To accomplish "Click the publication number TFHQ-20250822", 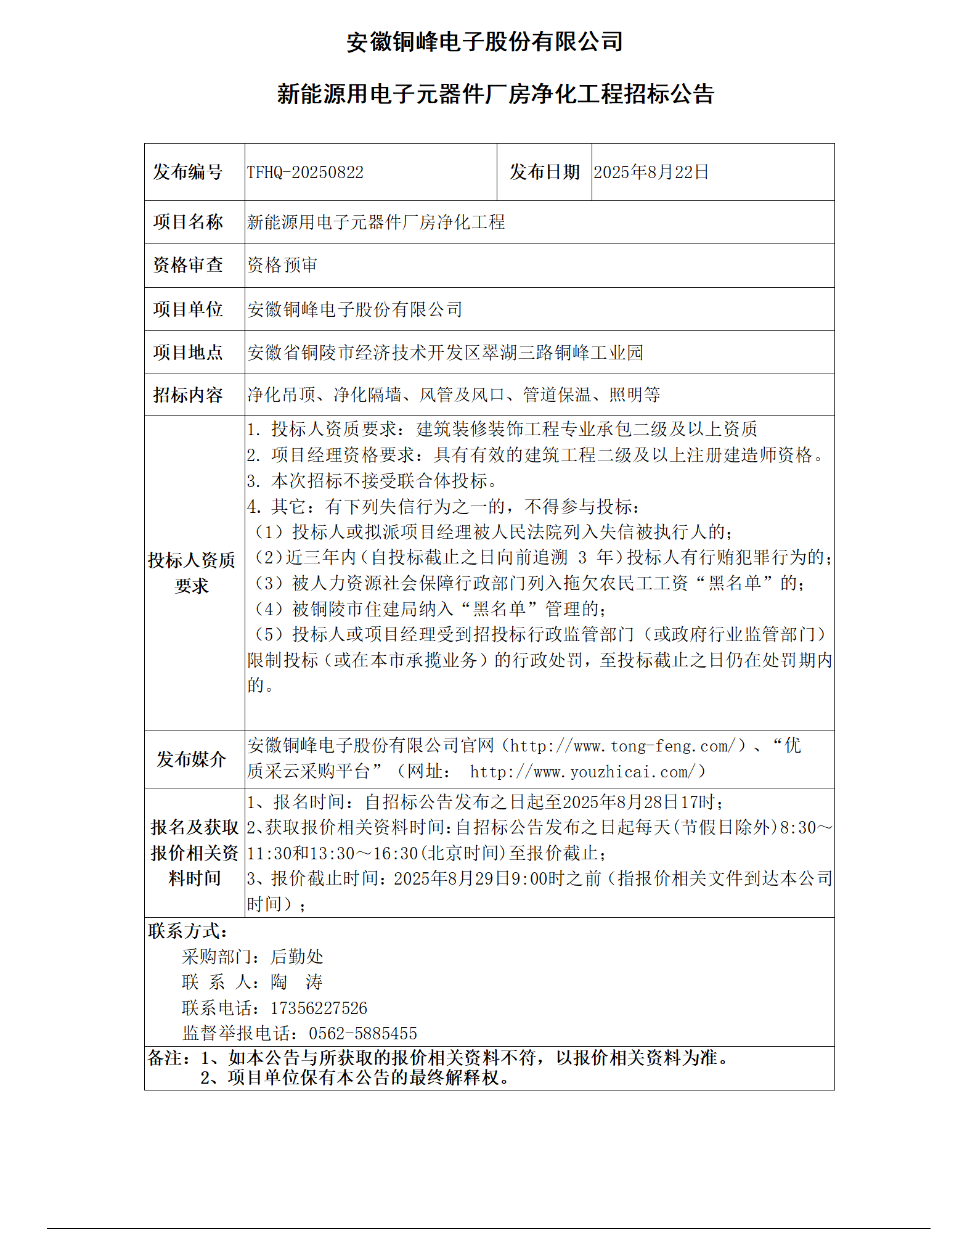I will [305, 172].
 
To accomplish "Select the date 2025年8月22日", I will [651, 172].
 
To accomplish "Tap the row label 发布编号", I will [188, 172].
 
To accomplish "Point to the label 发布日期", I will [544, 172].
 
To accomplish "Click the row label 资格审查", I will [188, 265].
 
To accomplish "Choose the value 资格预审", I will [282, 265].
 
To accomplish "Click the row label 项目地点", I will [188, 352].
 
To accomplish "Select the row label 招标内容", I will [188, 395].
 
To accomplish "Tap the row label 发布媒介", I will [191, 759].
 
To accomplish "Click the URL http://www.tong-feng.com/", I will [623, 747].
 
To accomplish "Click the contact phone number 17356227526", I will [319, 1008].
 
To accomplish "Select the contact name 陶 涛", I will [296, 982].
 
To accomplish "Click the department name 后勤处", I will [296, 957].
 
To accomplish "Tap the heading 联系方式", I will [187, 931].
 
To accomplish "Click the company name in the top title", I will [484, 42].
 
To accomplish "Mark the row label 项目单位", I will [188, 309].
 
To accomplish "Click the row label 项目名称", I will [188, 222].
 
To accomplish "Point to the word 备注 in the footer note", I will [165, 1058].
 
